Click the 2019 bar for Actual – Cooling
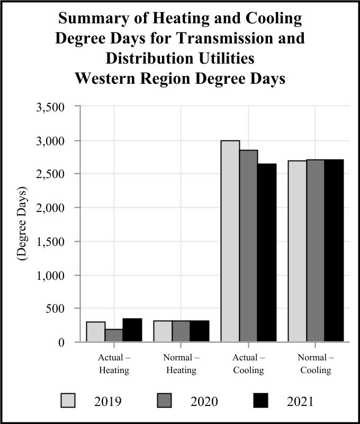(230, 241)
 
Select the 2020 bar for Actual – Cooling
(248, 246)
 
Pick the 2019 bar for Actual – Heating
(96, 332)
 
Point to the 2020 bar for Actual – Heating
(114, 335)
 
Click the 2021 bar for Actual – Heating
(132, 330)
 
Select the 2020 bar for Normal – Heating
(181, 331)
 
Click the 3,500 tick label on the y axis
(50, 107)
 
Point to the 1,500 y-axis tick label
(50, 242)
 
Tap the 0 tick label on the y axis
(61, 342)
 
